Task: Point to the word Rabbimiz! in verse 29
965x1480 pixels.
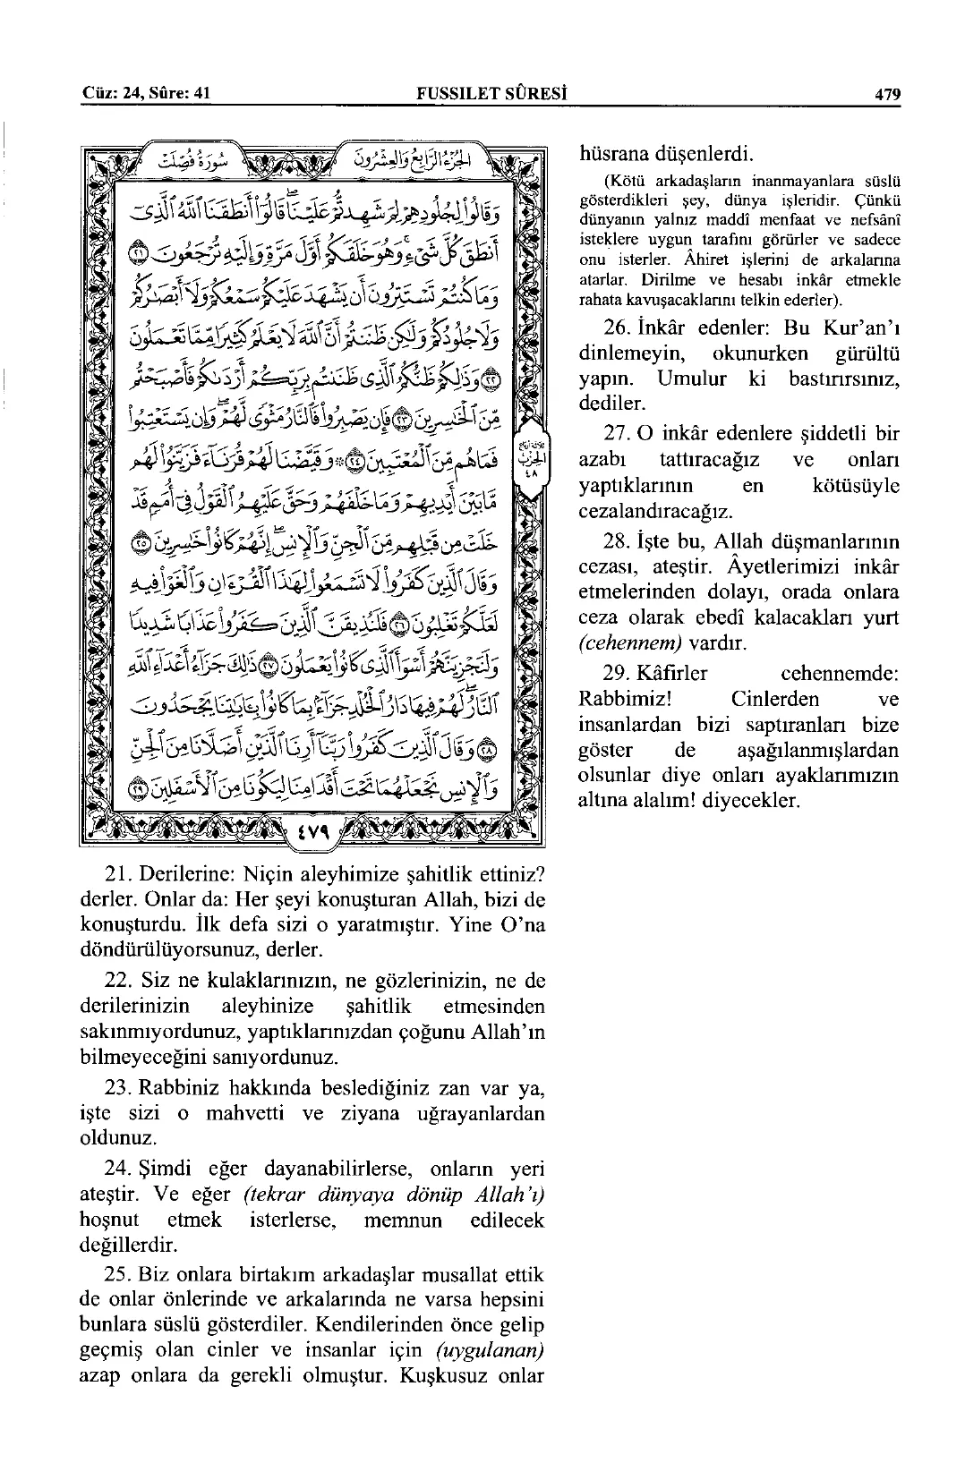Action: coord(617,698)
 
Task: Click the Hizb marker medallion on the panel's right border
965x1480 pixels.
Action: coord(530,452)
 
